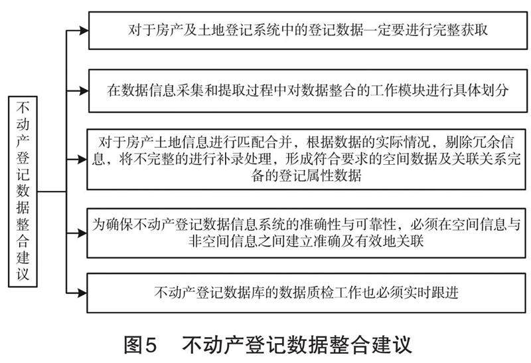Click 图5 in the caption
[x=141, y=345]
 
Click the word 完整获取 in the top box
[x=463, y=30]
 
